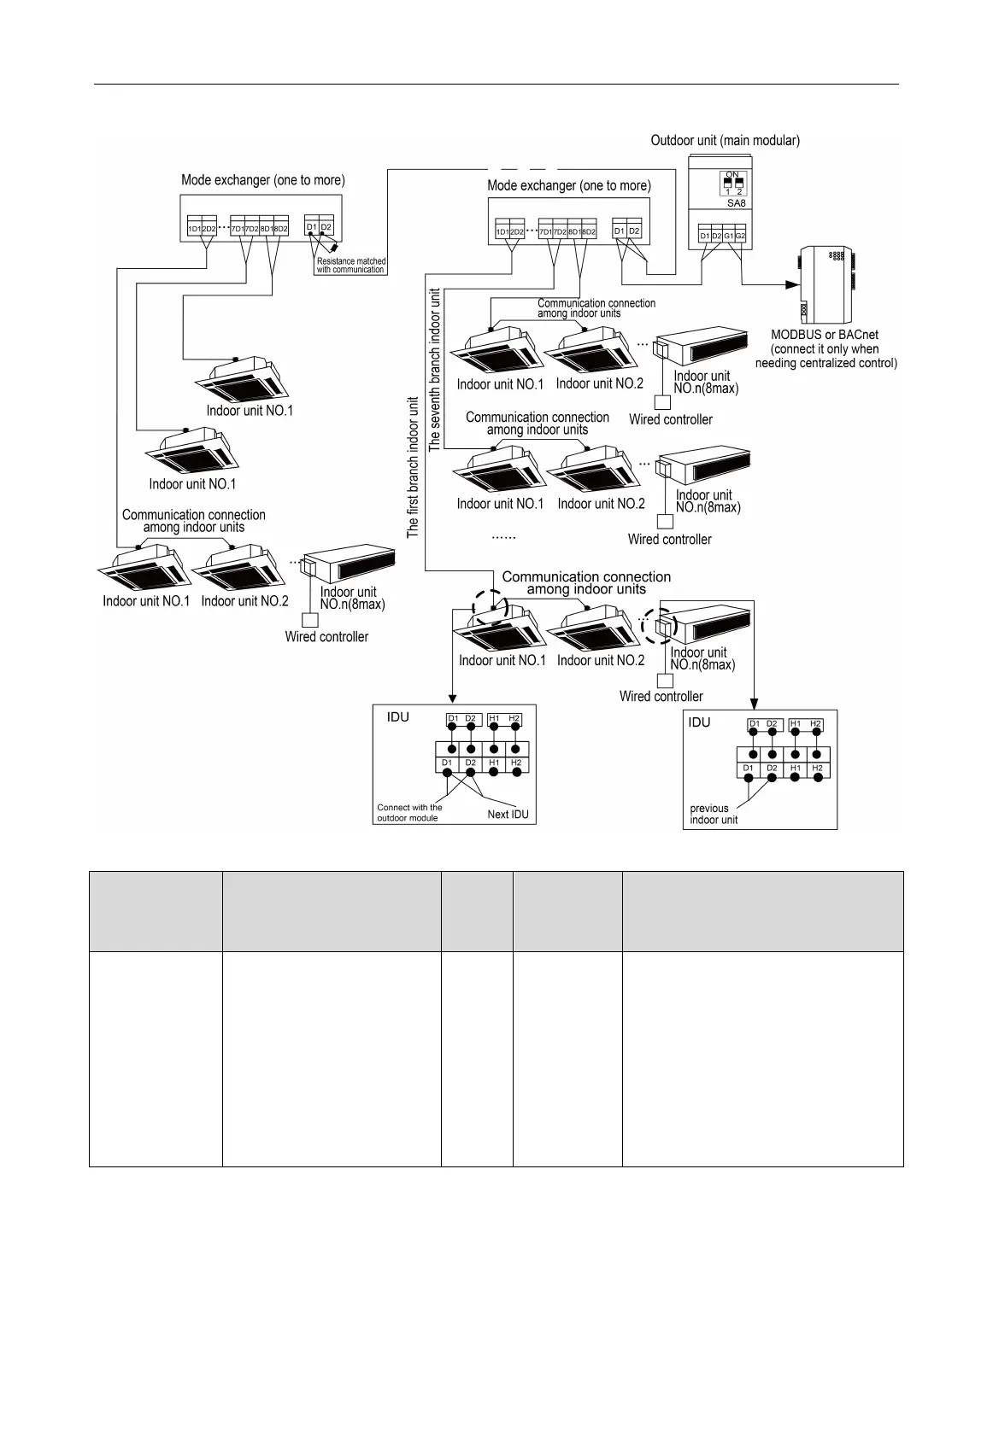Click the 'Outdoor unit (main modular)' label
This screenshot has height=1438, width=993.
coord(725,141)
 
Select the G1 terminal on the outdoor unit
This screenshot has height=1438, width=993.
coord(729,236)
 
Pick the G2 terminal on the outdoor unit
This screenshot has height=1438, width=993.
coord(741,236)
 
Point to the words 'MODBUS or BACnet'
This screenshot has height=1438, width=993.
coord(825,336)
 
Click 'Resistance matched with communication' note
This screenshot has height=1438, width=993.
coord(350,266)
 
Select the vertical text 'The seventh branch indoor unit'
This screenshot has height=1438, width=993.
coord(435,369)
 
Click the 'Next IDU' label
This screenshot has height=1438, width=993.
coord(508,814)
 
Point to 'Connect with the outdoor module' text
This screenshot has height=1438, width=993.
coord(409,813)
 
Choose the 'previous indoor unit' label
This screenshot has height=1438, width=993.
coord(714,814)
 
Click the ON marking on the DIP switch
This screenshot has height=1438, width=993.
coord(732,174)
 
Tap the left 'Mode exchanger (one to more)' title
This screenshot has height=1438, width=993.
coord(263,180)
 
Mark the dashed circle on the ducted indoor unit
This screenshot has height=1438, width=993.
coord(659,626)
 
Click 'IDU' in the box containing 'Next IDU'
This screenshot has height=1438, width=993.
coord(398,717)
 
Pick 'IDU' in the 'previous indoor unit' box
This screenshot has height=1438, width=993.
coord(699,722)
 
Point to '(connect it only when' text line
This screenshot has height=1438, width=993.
coord(825,349)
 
